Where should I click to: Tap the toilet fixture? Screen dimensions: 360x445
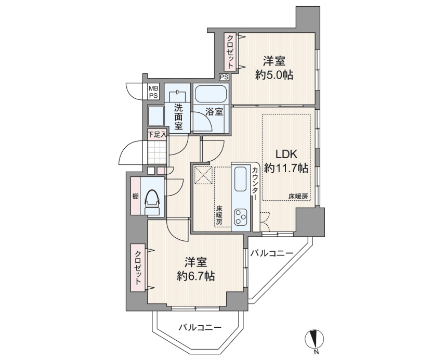[152, 201]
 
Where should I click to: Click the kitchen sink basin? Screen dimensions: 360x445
[241, 180]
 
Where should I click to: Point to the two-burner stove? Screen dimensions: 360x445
[241, 216]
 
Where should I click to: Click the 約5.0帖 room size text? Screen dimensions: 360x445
[274, 75]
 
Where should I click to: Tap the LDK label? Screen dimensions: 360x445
[285, 154]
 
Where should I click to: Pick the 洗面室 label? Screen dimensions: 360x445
[178, 117]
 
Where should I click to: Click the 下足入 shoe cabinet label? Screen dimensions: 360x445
[157, 134]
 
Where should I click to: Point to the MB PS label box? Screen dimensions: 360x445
[154, 92]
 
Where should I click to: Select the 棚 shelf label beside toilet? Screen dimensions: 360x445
[135, 196]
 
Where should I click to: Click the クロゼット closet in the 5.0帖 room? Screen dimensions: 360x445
[229, 52]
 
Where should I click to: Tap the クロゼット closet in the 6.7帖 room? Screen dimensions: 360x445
[138, 268]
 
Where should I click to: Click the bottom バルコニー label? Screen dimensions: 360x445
[200, 328]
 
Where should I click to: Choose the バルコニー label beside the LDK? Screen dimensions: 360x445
[271, 253]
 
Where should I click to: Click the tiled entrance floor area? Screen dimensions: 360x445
[157, 151]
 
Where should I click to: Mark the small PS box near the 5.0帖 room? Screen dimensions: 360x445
[224, 77]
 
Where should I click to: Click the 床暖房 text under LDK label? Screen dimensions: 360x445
[299, 196]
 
